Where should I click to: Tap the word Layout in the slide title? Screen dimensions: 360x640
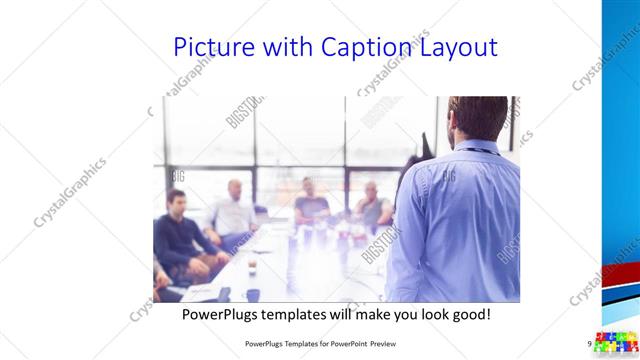(455, 48)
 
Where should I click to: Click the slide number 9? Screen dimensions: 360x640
(590, 343)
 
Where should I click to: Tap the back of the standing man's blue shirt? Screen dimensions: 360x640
(460, 220)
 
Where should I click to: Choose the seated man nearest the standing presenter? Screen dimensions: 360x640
(372, 205)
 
